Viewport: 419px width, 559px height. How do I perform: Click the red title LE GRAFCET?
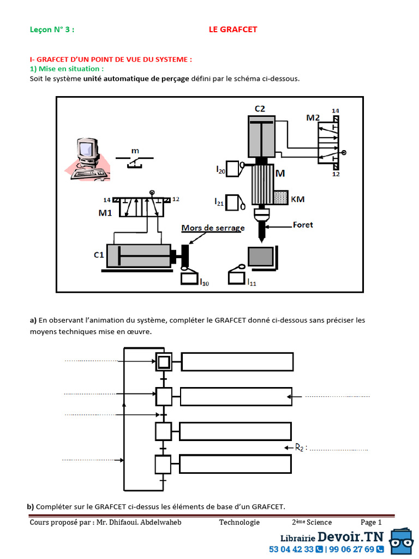click(233, 29)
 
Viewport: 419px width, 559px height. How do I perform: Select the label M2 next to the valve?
click(313, 117)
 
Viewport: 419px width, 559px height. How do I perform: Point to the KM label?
click(298, 199)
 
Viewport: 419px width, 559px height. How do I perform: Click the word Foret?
click(303, 224)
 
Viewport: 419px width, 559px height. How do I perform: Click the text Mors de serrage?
click(213, 228)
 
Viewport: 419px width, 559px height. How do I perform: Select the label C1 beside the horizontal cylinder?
click(99, 254)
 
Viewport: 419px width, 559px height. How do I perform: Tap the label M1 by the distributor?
click(105, 213)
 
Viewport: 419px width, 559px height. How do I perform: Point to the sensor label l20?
click(220, 170)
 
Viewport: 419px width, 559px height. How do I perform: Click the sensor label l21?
click(220, 201)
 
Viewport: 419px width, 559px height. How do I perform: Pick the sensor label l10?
click(203, 282)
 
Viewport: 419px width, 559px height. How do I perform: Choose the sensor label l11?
click(251, 282)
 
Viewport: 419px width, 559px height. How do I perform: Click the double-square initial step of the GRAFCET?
click(164, 361)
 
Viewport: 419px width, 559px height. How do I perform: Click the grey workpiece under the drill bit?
click(261, 256)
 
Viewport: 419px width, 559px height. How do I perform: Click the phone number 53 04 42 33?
click(291, 549)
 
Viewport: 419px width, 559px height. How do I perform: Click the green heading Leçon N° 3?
click(52, 29)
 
